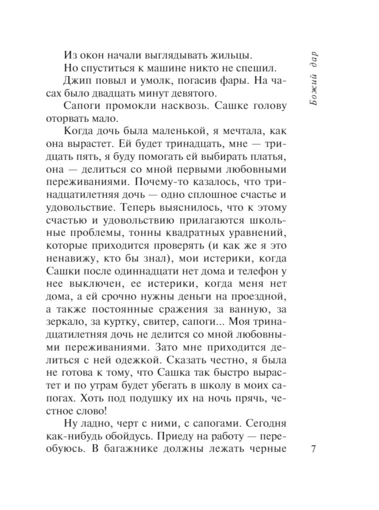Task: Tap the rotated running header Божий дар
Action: pyautogui.click(x=313, y=79)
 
